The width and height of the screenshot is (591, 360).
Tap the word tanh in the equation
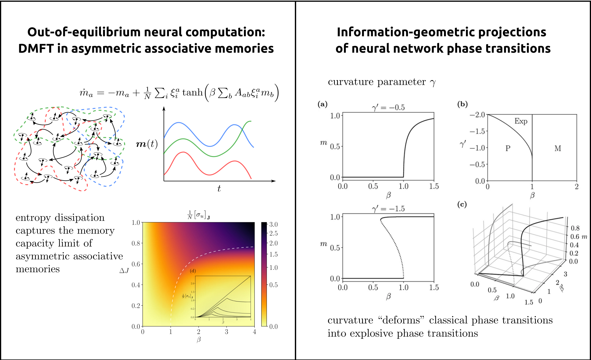pos(192,92)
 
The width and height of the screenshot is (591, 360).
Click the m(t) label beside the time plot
pos(147,144)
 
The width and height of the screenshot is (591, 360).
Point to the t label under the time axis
pos(219,189)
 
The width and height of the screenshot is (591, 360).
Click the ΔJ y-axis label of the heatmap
pos(124,270)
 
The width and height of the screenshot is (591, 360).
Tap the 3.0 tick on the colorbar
pos(274,225)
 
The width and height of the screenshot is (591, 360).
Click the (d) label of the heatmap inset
pos(193,271)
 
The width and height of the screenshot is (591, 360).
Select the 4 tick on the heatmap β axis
pos(254,332)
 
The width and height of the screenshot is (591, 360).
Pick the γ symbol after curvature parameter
pos(432,82)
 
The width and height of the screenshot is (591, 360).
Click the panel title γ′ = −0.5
pos(388,108)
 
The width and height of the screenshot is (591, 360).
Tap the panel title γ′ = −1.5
pos(388,209)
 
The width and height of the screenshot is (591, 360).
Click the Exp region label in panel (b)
pos(521,121)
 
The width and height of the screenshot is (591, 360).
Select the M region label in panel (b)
pos(557,148)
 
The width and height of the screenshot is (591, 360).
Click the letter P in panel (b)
pos(508,148)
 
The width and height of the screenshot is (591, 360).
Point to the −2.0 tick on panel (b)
pos(477,115)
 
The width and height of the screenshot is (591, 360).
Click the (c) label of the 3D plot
pos(462,205)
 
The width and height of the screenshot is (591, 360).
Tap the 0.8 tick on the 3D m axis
pos(575,228)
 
